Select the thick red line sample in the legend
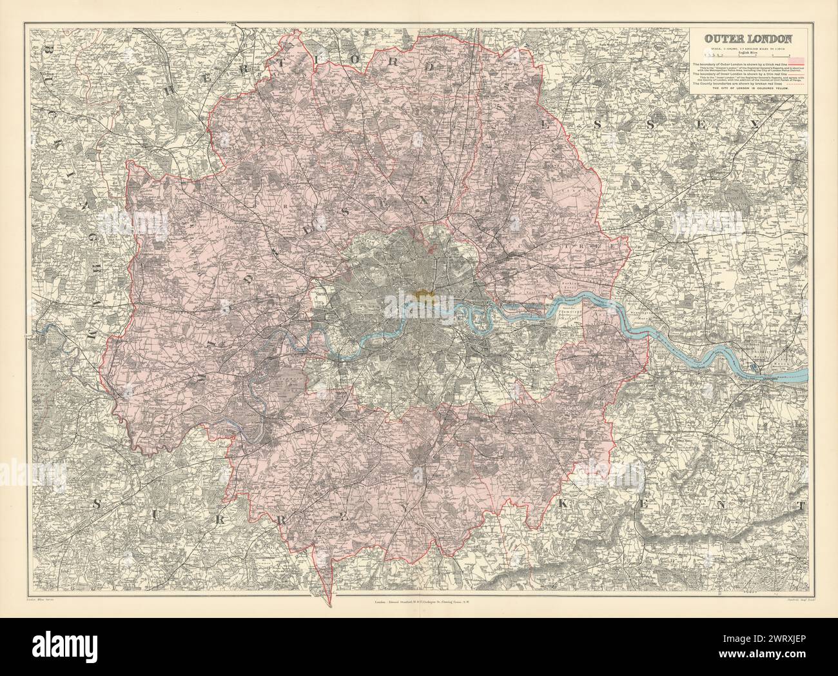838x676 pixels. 796,65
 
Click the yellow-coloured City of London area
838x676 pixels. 423,295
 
